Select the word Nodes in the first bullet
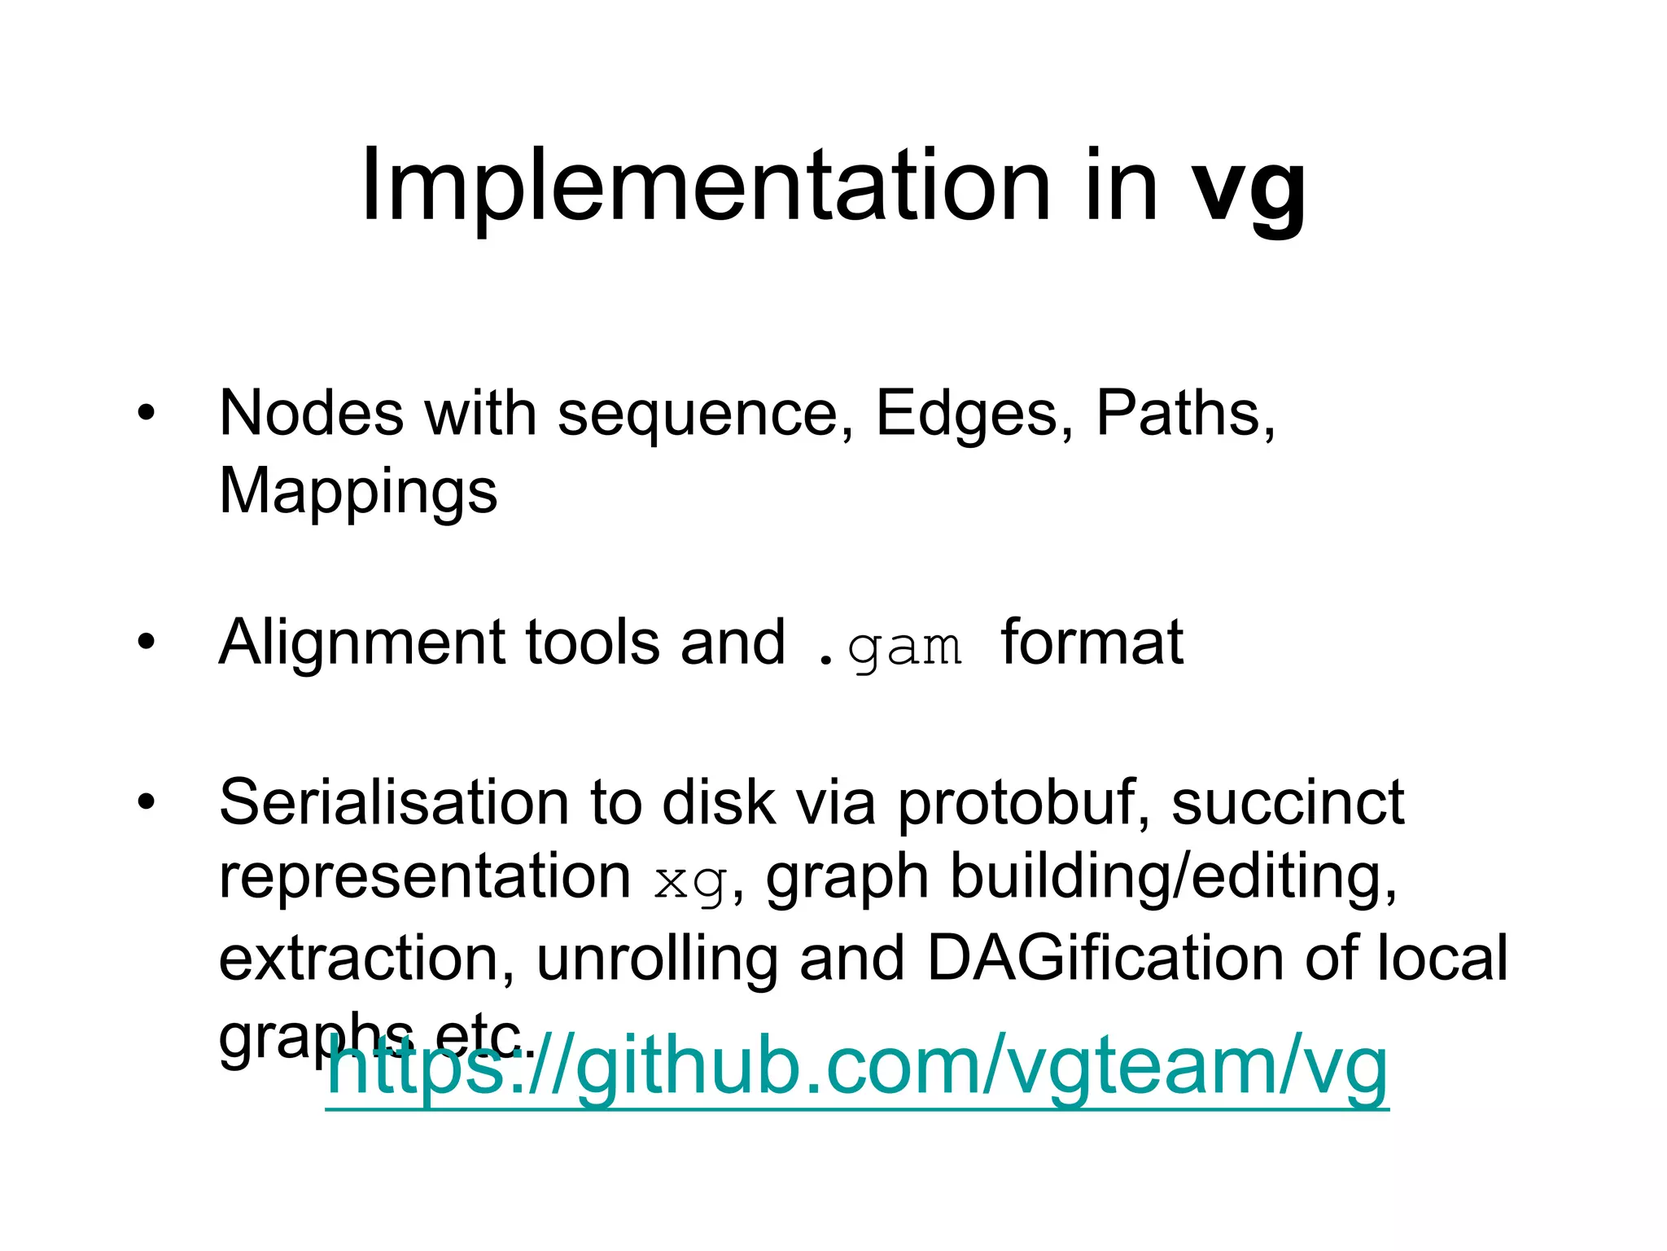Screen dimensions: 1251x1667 pos(311,414)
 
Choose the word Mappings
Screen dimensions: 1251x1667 pos(358,492)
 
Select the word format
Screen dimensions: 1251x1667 pos(1092,642)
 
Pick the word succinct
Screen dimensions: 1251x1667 pos(1288,803)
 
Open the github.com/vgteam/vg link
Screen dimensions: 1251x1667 pos(856,1067)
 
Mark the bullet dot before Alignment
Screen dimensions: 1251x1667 pos(146,642)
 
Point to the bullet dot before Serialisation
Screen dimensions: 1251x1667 pos(146,801)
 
